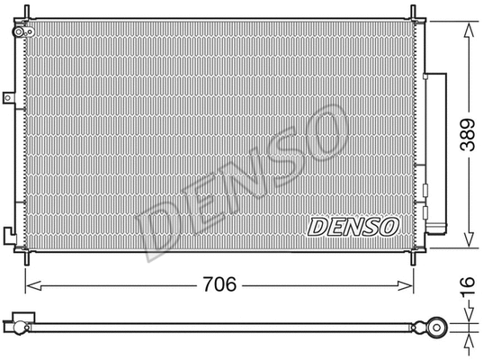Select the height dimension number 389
[466, 135]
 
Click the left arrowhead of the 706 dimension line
[30, 286]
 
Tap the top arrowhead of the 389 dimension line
[468, 26]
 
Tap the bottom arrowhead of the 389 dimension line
[468, 244]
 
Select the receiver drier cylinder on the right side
[440, 153]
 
